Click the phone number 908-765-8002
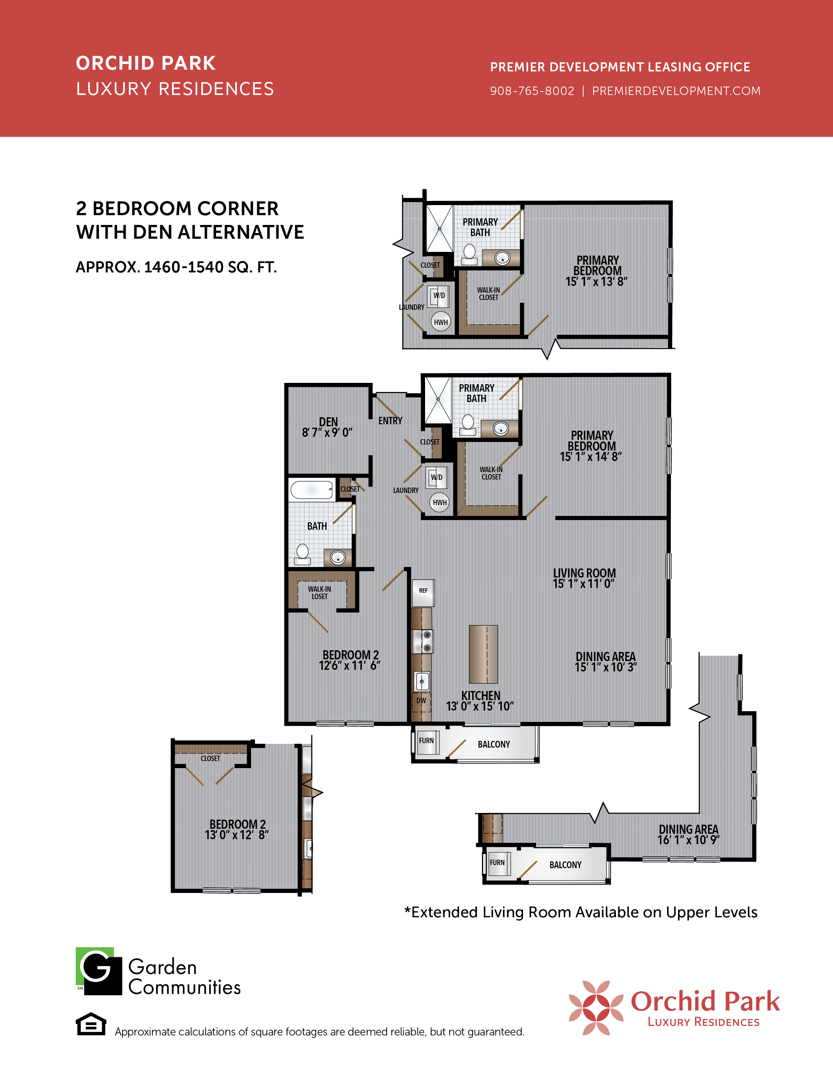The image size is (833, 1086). (532, 91)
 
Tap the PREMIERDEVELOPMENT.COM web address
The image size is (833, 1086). (676, 91)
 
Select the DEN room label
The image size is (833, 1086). (328, 422)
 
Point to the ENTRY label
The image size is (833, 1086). (390, 421)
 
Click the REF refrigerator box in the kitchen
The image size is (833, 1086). (423, 592)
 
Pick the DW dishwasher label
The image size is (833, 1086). (421, 700)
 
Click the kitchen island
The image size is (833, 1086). (483, 654)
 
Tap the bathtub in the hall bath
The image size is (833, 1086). (311, 490)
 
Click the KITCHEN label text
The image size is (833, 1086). (481, 696)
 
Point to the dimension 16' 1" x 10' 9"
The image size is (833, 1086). (689, 840)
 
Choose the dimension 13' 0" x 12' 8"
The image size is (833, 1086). (237, 835)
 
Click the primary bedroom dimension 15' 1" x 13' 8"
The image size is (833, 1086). (596, 281)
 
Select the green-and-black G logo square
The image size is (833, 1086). (99, 971)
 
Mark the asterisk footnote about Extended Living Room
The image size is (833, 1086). (581, 912)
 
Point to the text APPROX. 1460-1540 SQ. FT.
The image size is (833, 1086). (176, 267)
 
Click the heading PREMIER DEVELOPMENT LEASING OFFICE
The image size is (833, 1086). (620, 67)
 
